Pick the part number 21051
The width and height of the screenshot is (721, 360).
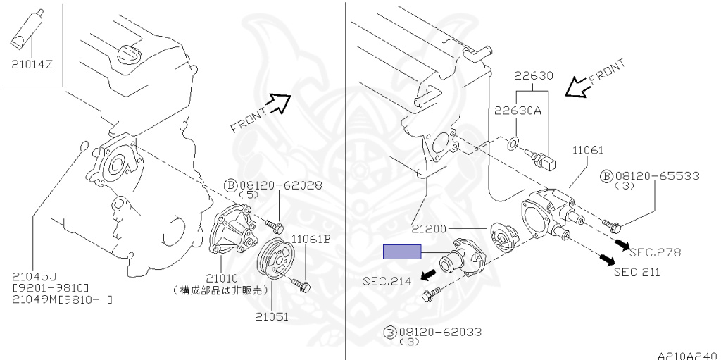pyautogui.click(x=272, y=316)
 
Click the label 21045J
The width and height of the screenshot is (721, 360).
pyautogui.click(x=33, y=276)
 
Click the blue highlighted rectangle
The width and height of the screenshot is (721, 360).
pyautogui.click(x=401, y=252)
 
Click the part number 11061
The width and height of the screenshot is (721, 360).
pyautogui.click(x=587, y=150)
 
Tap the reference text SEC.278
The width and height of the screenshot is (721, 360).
pyautogui.click(x=655, y=252)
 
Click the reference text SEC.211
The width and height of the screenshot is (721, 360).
pyautogui.click(x=637, y=273)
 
